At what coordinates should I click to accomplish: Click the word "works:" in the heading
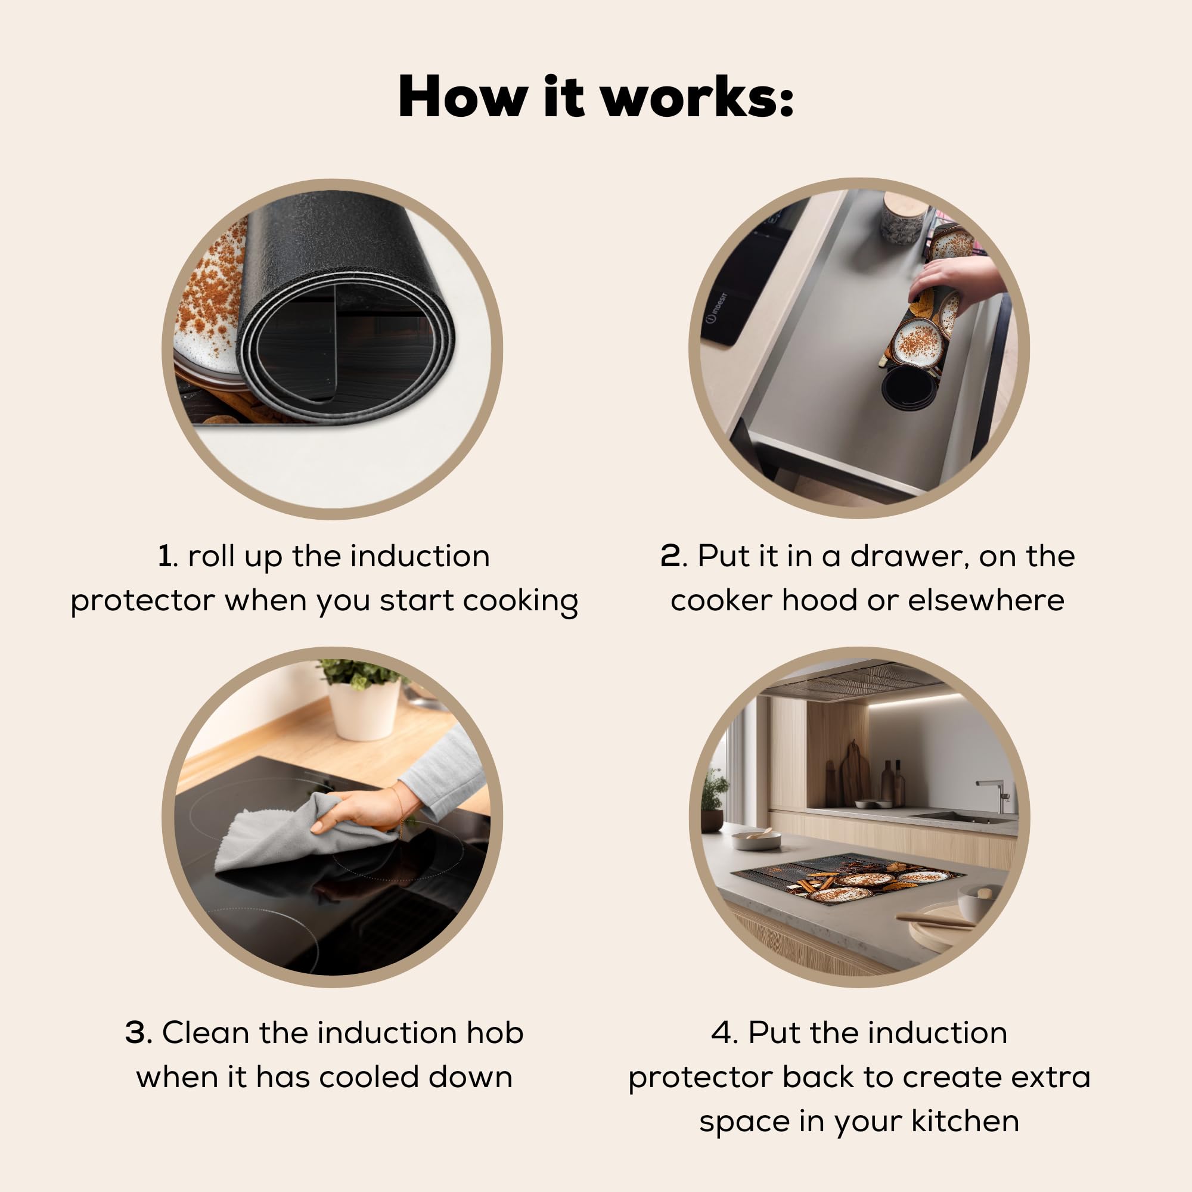coord(697,97)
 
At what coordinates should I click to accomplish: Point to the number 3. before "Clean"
coord(139,1032)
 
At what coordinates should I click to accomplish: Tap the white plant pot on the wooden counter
coord(364,709)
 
